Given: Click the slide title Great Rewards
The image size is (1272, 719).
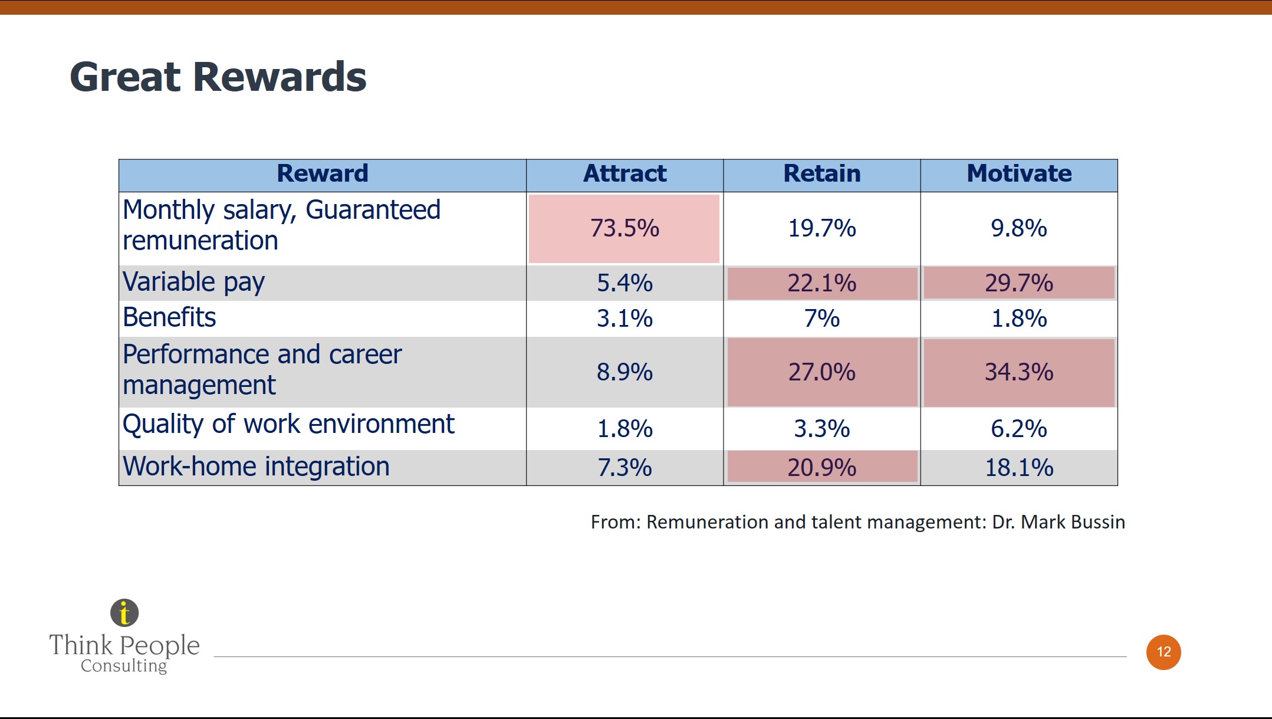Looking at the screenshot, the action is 218,77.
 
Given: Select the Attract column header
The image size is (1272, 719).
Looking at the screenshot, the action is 625,174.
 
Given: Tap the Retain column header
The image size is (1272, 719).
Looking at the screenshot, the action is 822,174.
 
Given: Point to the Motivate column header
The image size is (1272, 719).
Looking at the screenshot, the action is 1019,174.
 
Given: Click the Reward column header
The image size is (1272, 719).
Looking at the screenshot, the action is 323,174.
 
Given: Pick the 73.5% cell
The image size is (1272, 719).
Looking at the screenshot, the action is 625,228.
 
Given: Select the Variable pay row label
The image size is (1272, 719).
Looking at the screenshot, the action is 193,283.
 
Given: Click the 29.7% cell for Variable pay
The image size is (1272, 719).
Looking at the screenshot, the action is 1019,283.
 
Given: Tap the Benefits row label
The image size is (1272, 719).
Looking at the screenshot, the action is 169,317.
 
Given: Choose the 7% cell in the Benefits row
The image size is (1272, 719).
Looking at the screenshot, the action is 822,319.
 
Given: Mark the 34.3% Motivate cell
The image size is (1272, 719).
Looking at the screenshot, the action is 1019,372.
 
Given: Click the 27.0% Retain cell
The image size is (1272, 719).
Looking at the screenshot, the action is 822,372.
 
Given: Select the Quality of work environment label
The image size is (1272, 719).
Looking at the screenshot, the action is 288,425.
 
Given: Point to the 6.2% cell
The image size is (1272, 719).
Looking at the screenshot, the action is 1019,429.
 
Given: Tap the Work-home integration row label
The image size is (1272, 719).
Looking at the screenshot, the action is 256,467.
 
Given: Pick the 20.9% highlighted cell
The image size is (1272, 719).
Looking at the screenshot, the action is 822,467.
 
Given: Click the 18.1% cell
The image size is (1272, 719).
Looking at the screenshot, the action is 1019,468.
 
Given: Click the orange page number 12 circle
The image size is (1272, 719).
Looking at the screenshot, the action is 1163,652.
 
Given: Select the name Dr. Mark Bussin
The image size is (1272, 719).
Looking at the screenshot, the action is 1059,522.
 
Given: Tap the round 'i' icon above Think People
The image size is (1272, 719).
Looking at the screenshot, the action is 124,613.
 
